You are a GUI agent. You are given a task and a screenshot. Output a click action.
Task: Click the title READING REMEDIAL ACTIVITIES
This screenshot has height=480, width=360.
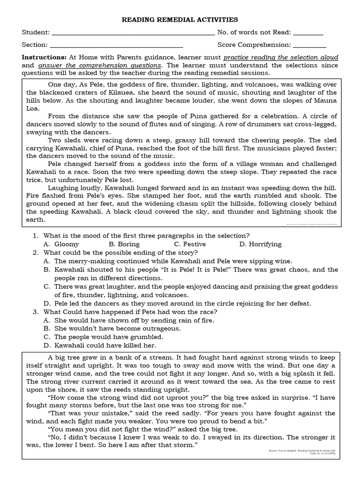[x=180, y=20]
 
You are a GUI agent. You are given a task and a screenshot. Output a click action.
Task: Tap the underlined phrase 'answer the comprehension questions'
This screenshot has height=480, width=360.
[x=100, y=65]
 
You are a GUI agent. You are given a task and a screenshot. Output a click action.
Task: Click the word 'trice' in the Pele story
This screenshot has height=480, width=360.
[x=34, y=179]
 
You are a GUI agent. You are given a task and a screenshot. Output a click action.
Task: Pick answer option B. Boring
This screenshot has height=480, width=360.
[x=124, y=244]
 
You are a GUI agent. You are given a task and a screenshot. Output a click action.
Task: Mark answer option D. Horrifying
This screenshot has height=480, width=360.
[x=260, y=244]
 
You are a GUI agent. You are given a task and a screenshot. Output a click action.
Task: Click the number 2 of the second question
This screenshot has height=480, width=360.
[x=35, y=253]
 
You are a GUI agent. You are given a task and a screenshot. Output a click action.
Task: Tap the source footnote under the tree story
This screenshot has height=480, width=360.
[x=307, y=452]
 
